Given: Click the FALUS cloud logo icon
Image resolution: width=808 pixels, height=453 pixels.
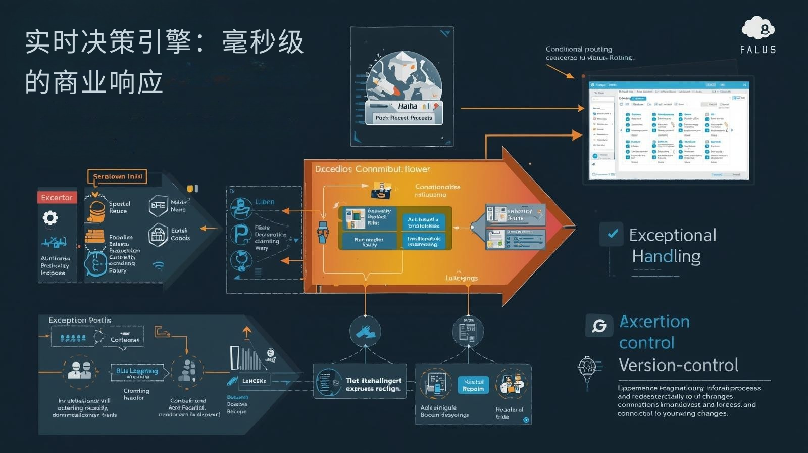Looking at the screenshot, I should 758,28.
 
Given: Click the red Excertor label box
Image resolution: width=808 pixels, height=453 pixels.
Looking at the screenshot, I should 57,197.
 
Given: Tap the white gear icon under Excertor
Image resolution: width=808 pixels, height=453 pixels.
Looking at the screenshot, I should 50,218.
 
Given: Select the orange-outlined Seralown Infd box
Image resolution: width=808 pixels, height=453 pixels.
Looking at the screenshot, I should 117,176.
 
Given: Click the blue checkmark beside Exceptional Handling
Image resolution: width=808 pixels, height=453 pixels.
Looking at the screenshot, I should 612,234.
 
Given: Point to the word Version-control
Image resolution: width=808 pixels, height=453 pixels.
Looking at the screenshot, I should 678,365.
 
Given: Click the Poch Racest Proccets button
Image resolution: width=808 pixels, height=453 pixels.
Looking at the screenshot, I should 403,118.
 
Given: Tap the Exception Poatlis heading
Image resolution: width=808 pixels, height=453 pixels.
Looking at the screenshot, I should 80,320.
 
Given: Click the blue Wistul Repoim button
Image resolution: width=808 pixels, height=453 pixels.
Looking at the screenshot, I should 473,385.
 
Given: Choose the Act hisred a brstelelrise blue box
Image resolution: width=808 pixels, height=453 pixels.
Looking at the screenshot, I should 423,222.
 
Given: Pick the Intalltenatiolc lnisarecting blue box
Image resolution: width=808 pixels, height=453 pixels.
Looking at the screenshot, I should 423,241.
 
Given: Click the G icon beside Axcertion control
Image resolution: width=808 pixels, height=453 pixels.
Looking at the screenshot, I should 599,326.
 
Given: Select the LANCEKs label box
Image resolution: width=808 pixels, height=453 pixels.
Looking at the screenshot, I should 254,381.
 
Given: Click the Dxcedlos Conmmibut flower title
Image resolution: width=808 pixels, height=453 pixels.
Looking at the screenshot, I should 372,169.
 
